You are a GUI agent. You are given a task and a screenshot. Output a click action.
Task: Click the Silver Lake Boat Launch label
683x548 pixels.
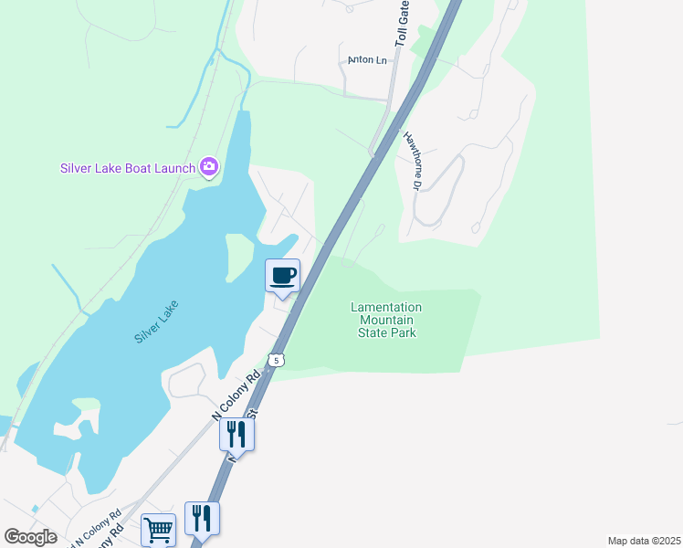point(128,168)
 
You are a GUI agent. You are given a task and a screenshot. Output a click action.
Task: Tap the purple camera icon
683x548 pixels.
point(210,166)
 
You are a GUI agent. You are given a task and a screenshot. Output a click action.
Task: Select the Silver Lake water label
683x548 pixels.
point(156,321)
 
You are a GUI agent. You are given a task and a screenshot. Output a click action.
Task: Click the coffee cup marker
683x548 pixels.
point(283,275)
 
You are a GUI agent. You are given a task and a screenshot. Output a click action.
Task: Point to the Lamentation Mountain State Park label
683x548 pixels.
point(386,321)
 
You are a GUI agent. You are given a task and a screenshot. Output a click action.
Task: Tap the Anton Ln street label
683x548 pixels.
point(368,60)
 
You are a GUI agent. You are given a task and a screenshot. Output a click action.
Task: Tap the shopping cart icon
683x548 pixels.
point(158,529)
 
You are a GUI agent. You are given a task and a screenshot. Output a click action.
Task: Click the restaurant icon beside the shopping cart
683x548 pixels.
point(202,518)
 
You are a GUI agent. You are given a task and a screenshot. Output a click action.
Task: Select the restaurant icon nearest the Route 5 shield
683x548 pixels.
point(236,434)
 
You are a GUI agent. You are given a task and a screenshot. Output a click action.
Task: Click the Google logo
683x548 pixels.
point(30,537)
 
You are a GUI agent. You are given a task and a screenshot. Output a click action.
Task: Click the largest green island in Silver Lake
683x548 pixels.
point(239,256)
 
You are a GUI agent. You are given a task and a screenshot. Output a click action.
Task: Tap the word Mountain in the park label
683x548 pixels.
point(386,321)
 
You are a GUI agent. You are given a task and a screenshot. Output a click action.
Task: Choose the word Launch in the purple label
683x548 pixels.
point(174,168)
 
